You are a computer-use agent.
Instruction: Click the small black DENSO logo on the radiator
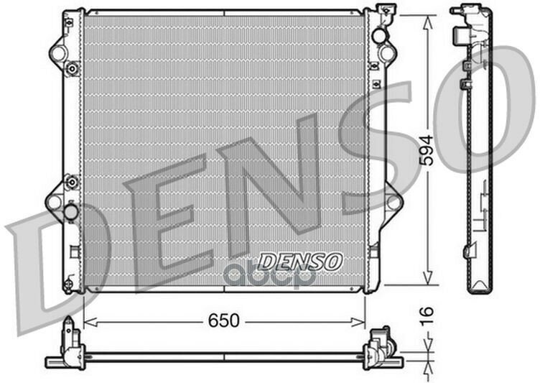pos(300,260)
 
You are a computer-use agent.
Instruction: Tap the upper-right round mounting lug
pos(388,52)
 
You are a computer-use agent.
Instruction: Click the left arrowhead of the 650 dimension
pos(88,322)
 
